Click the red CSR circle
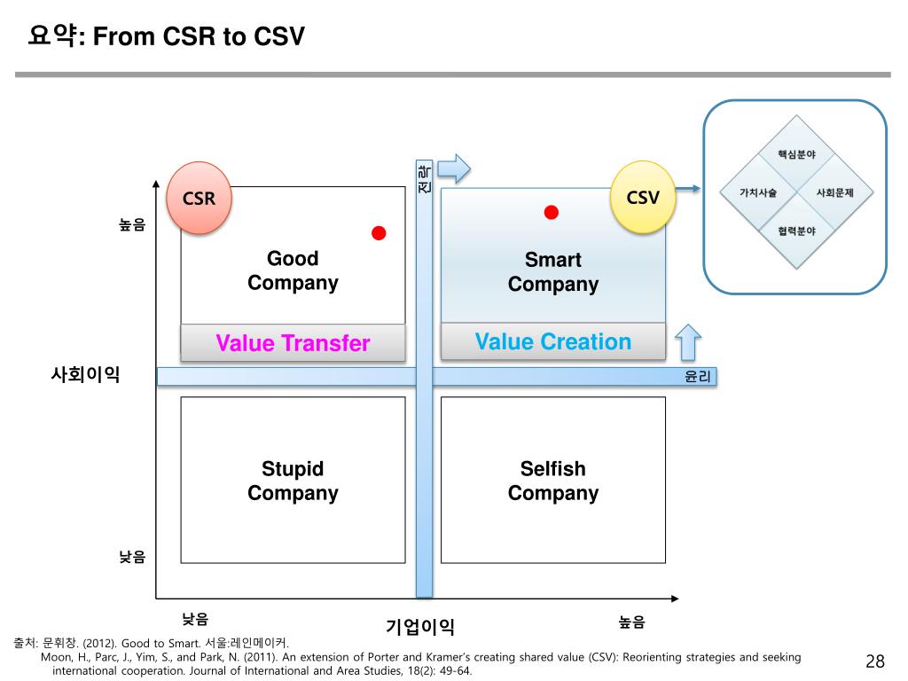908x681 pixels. pyautogui.click(x=199, y=199)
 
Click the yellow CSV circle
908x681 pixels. pyautogui.click(x=643, y=197)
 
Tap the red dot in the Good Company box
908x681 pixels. pyautogui.click(x=379, y=233)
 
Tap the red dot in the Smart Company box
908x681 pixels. pyautogui.click(x=552, y=212)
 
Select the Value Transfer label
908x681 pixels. pyautogui.click(x=293, y=343)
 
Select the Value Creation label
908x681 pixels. pyautogui.click(x=553, y=342)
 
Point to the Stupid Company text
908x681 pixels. pyautogui.click(x=293, y=481)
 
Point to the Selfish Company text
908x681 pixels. pyautogui.click(x=553, y=481)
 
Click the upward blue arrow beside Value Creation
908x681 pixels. pyautogui.click(x=688, y=342)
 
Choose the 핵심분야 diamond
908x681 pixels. pyautogui.click(x=796, y=154)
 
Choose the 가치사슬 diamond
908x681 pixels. pyautogui.click(x=758, y=192)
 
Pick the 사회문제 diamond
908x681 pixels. pyautogui.click(x=834, y=192)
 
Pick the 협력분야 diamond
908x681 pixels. pyautogui.click(x=796, y=231)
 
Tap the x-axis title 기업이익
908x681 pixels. pyautogui.click(x=420, y=627)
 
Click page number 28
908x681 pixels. pyautogui.click(x=875, y=661)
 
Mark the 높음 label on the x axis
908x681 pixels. pyautogui.click(x=632, y=622)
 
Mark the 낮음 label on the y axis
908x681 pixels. pyautogui.click(x=132, y=557)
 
